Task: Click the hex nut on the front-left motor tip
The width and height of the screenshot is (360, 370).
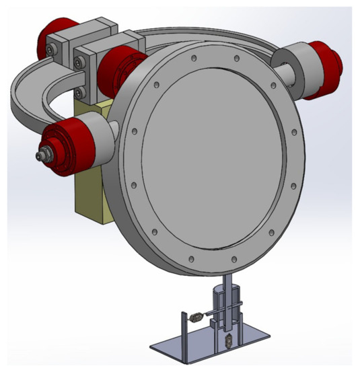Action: coord(42,155)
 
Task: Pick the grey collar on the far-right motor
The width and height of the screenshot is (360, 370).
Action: coord(306,64)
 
